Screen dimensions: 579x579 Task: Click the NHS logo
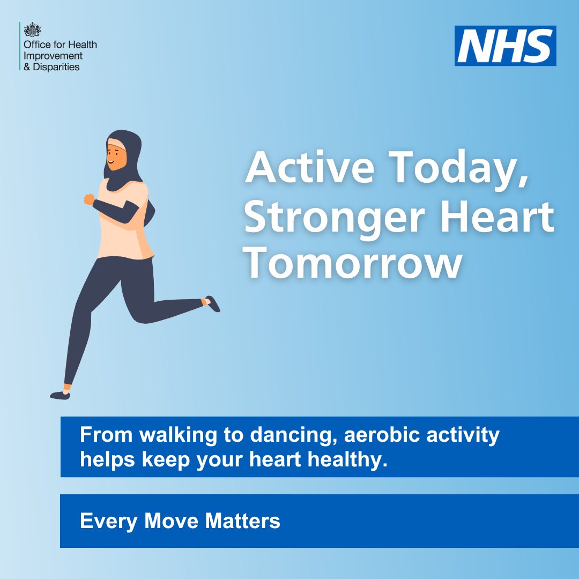(x=505, y=46)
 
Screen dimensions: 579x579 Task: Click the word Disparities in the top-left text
(x=56, y=67)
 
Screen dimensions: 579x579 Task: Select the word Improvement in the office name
(x=53, y=56)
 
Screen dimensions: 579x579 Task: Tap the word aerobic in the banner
(x=381, y=435)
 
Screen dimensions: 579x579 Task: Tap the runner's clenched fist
(x=88, y=199)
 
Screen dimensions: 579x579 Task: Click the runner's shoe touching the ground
(x=60, y=395)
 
